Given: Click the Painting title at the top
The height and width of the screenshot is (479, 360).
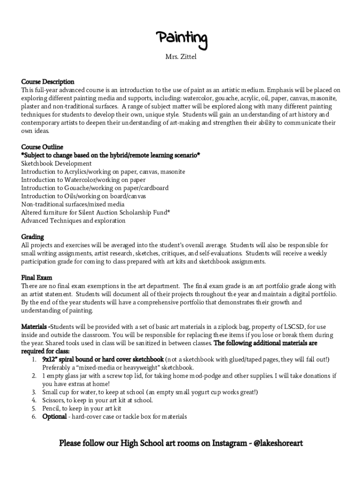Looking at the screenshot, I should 181,40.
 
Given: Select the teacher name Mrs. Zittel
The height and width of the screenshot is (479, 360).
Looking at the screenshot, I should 181,58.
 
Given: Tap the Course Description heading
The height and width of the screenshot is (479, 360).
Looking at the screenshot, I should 48,82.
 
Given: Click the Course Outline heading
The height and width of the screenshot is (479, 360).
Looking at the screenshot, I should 42,147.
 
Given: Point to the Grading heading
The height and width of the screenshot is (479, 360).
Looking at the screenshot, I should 32,237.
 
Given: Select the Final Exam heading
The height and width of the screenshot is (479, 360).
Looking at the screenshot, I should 36,277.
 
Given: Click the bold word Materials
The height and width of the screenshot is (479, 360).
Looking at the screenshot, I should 34,327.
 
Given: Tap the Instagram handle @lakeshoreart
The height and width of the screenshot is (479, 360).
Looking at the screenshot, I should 278,443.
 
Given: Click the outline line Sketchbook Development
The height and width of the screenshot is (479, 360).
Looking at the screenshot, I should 57,163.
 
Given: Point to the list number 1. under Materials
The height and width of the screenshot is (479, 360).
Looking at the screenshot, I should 35,359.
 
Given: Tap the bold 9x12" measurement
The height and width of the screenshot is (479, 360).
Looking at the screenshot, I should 52,359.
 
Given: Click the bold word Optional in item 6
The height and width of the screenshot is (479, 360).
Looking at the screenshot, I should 54,416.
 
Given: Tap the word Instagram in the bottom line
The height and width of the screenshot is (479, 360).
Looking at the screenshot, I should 230,443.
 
